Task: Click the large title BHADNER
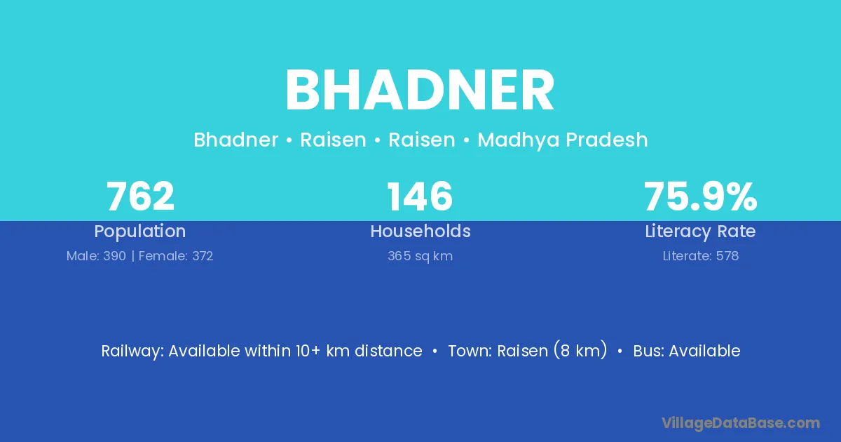[420, 91]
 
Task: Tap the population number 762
[140, 196]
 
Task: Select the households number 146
[420, 196]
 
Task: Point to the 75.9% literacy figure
[700, 196]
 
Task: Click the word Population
[140, 231]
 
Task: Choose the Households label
[420, 231]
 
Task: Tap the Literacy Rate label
[700, 231]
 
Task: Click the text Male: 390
[96, 256]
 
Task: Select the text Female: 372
[176, 256]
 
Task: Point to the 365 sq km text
[420, 256]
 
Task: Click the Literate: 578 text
[701, 256]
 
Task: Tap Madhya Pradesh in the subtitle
[562, 140]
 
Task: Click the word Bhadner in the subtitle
[235, 140]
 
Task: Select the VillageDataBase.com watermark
[740, 423]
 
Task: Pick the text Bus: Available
[687, 351]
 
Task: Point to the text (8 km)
[580, 350]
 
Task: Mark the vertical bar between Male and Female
[132, 256]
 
